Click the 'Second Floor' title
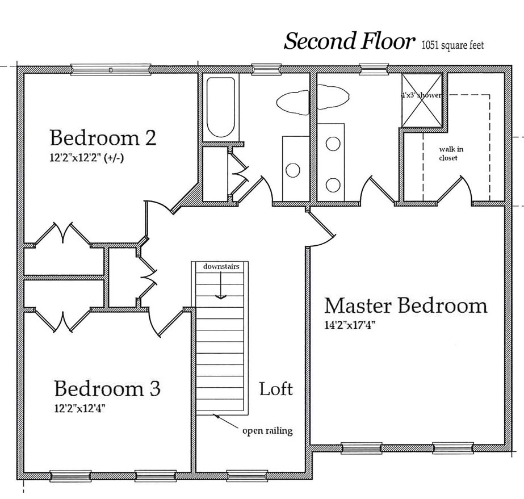coord(349,41)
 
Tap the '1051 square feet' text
coord(453,45)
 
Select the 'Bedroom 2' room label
coord(103,137)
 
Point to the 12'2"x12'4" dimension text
coord(79,408)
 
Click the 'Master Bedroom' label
coord(406,305)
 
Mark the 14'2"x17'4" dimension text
coord(350,325)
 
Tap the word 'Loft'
coord(276,389)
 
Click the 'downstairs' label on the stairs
coord(221,266)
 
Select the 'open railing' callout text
coord(267,431)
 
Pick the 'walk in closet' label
coord(451,153)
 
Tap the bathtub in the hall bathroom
coord(221,107)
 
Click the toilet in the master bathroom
coord(333,97)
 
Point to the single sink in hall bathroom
coord(293,170)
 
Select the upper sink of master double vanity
coord(333,144)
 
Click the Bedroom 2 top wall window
coord(111,69)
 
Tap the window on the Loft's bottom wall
coord(247,476)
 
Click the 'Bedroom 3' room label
coord(107,388)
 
